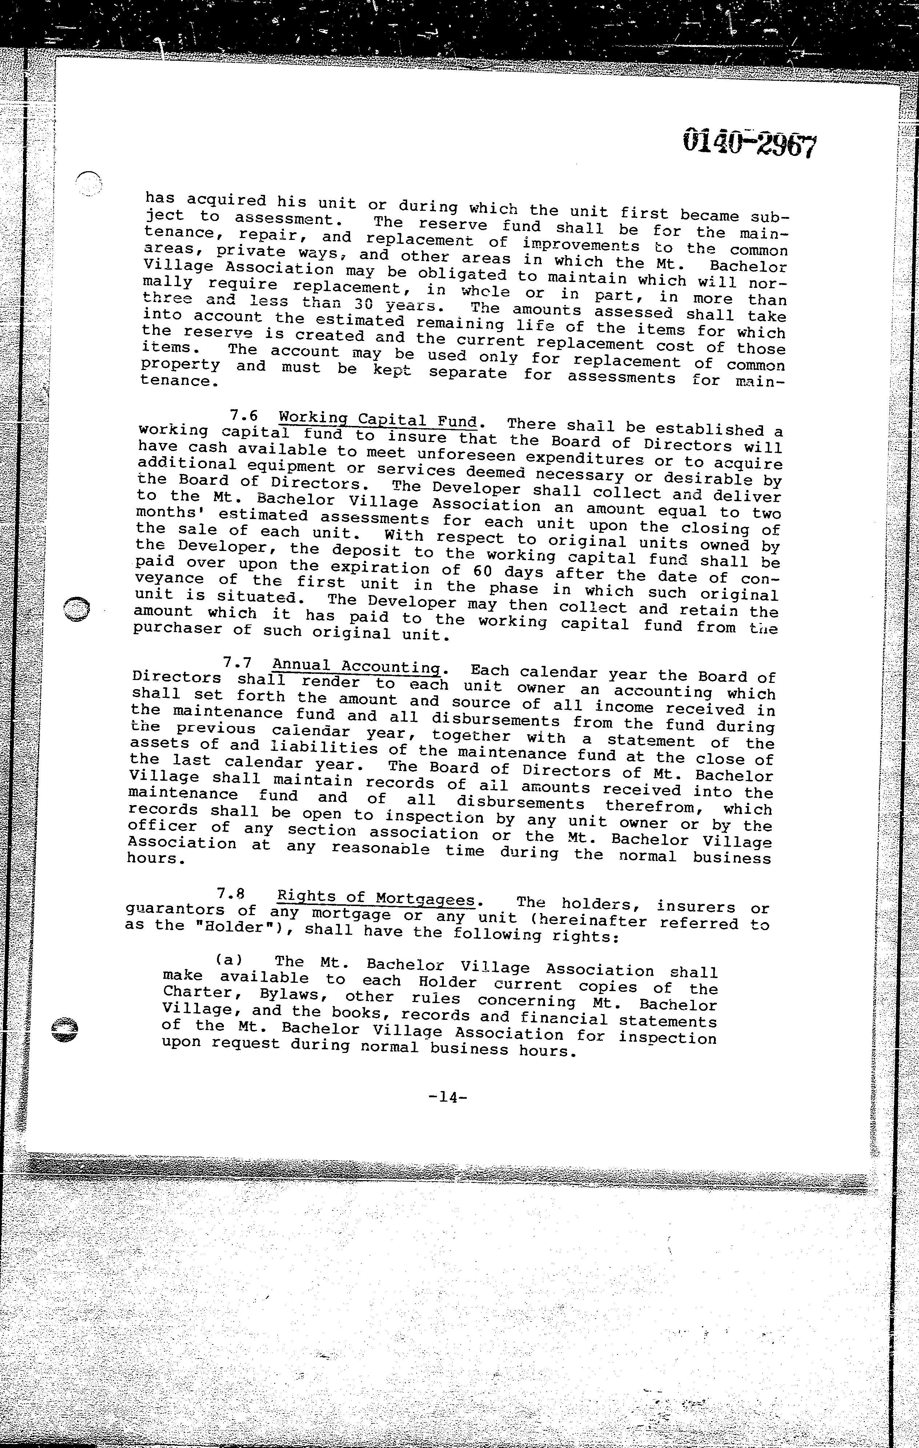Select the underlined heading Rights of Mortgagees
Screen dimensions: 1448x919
[376, 898]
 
